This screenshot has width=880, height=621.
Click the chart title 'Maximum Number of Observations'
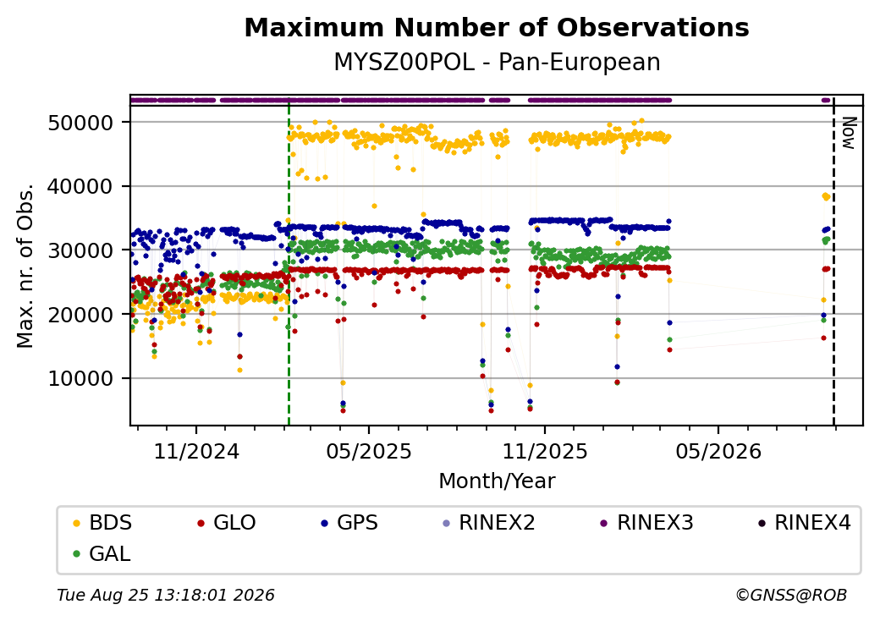(x=497, y=27)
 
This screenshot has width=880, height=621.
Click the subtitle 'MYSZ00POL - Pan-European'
(x=497, y=63)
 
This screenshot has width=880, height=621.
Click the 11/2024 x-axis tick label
(x=196, y=451)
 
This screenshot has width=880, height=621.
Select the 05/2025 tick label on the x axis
(x=369, y=451)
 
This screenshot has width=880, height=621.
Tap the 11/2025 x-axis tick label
(x=544, y=451)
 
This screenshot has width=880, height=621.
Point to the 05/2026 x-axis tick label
(x=718, y=451)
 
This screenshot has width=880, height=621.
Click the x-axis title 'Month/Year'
(x=497, y=481)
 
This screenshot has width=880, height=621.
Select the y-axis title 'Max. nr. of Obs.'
(x=25, y=266)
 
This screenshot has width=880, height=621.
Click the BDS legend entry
(x=102, y=523)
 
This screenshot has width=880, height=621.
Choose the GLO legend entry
(x=227, y=523)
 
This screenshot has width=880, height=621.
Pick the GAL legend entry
(x=102, y=553)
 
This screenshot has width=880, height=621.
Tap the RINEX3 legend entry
(x=647, y=523)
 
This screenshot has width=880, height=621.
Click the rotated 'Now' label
(x=849, y=134)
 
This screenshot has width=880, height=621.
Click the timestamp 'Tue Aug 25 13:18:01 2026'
(x=166, y=595)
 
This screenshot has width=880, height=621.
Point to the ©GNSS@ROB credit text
(x=791, y=595)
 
